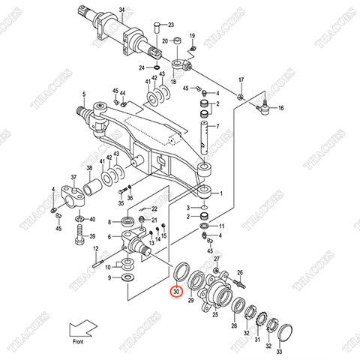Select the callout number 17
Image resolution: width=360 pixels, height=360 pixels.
click(x=241, y=79)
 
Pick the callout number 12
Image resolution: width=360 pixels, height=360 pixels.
click(x=95, y=248)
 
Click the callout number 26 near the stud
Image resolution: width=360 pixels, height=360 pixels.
click(x=240, y=273)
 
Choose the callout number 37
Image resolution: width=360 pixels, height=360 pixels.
click(x=73, y=178)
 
